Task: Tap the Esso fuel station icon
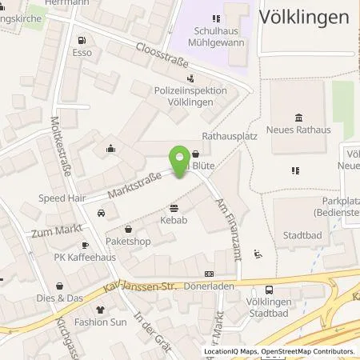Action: click(82, 40)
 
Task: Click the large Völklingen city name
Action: click(304, 17)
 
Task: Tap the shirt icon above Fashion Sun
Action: click(100, 309)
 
